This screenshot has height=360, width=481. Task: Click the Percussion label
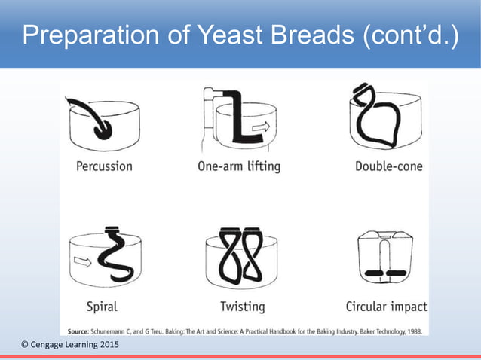pyautogui.click(x=105, y=166)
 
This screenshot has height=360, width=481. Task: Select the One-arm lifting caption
pyautogui.click(x=238, y=166)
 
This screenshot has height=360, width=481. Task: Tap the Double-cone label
pyautogui.click(x=388, y=166)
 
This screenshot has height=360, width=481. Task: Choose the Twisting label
pyautogui.click(x=242, y=307)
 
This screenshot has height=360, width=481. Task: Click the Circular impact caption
pyautogui.click(x=386, y=307)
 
